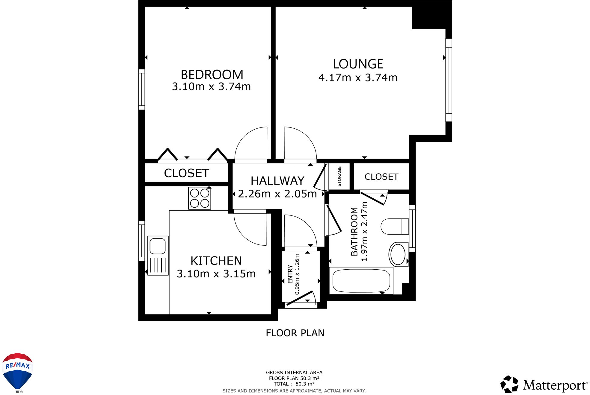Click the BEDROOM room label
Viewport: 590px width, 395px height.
point(212,75)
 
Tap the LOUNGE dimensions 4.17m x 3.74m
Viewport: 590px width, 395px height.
point(358,78)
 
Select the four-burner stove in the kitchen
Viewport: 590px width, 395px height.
point(200,198)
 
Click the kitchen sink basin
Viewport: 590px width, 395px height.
point(158,246)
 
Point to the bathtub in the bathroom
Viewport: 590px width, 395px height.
point(361,281)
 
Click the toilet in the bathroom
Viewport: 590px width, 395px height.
point(394,227)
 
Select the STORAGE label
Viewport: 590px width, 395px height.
point(339,177)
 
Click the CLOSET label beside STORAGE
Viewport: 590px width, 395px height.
point(381,177)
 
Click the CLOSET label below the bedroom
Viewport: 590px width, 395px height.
point(186,173)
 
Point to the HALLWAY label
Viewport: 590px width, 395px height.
point(277,181)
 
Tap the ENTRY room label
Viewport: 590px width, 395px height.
point(290,274)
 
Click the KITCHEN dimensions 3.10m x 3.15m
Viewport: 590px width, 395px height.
point(216,274)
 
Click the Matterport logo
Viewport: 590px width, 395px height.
point(544,385)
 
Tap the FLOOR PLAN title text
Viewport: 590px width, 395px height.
point(295,333)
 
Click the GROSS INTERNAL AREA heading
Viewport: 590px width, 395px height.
point(294,373)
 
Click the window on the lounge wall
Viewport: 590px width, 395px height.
point(449,80)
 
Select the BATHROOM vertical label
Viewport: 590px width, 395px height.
point(354,231)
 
